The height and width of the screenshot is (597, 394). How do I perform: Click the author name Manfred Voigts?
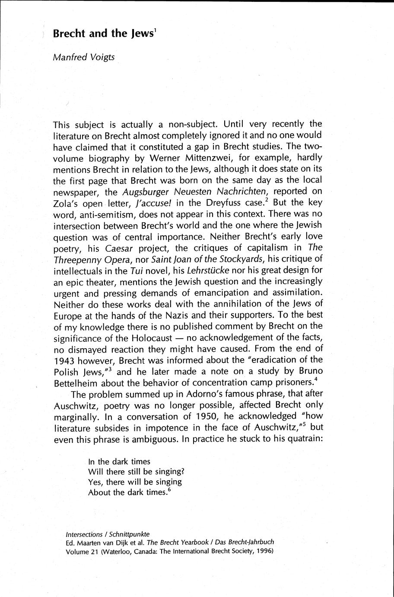click(84, 57)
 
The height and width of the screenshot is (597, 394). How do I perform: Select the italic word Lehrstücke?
click(218, 270)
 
